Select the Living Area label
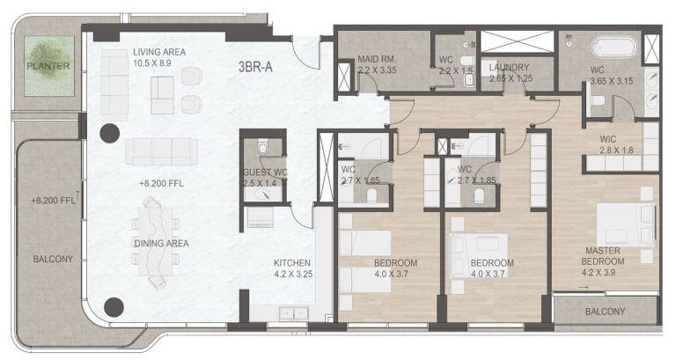(x=159, y=52)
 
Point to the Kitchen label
(x=291, y=263)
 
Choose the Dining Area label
(x=160, y=244)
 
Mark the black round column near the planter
(x=109, y=133)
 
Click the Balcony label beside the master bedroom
(x=605, y=312)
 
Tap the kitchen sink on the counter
(x=293, y=312)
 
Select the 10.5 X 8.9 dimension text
(x=158, y=63)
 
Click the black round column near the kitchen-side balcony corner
(x=113, y=307)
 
